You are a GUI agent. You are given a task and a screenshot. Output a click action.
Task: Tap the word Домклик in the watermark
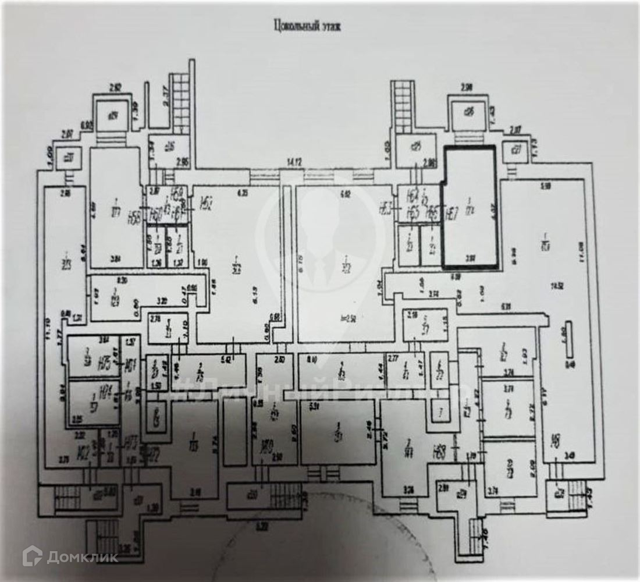pyautogui.click(x=81, y=557)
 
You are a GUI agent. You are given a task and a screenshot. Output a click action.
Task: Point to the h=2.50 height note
pyautogui.click(x=349, y=318)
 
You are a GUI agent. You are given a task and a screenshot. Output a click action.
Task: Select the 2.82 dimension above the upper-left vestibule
pyautogui.click(x=115, y=88)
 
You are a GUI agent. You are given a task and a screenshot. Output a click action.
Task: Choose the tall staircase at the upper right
pyautogui.click(x=401, y=105)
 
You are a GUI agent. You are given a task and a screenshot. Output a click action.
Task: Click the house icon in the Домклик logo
pyautogui.click(x=32, y=556)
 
